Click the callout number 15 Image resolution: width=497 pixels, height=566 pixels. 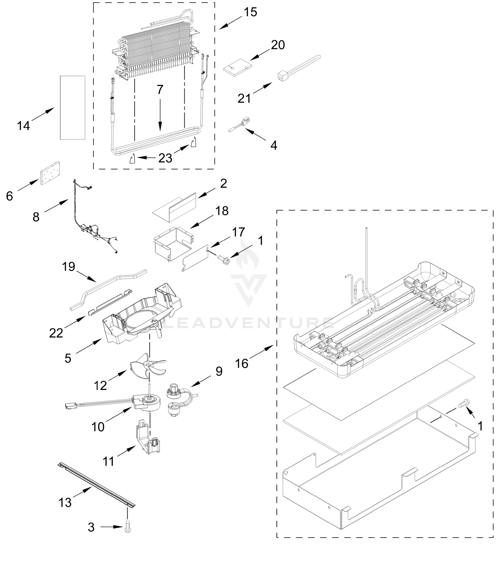(251, 12)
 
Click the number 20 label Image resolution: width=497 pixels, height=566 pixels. (278, 45)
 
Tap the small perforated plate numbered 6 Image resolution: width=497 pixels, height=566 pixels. (50, 173)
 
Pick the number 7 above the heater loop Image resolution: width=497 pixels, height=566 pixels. (160, 90)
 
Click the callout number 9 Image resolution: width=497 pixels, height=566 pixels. (219, 372)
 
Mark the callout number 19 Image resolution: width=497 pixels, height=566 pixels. (68, 267)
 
